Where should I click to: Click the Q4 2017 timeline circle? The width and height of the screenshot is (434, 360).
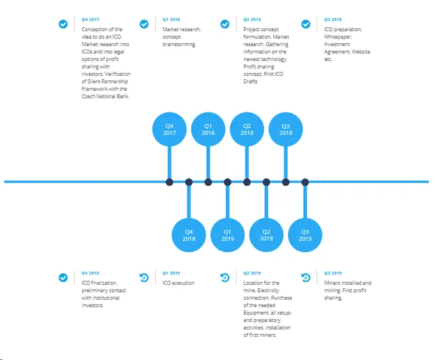coord(170,129)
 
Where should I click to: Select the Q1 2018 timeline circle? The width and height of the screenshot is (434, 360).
coord(208,129)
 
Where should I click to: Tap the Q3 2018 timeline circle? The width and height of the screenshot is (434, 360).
coord(285,129)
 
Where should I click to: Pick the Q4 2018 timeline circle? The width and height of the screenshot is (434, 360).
coord(189,235)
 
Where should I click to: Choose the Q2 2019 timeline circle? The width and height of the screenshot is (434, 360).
coord(267,235)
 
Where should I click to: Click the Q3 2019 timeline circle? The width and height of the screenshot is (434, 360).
coord(305,235)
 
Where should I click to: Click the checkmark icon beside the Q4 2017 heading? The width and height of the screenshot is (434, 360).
coord(63,24)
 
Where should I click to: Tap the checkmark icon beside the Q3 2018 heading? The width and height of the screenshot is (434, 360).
coord(306,24)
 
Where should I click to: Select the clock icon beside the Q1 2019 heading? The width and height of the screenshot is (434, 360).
coord(144,277)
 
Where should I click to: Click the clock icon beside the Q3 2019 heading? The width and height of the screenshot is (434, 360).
coord(306,277)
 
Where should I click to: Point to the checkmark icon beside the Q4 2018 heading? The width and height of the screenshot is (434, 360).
coord(63,277)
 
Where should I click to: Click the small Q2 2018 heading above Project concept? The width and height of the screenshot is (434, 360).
coord(252,20)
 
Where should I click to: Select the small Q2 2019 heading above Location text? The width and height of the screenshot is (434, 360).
coord(252,273)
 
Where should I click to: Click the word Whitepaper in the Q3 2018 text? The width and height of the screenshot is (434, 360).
coord(338,37)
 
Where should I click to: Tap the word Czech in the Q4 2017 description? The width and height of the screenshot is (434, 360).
coord(88,96)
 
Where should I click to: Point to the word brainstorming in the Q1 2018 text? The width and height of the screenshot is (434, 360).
coord(179,44)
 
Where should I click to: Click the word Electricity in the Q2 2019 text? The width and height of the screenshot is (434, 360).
coord(269,291)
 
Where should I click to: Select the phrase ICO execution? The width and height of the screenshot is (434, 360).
coord(178,283)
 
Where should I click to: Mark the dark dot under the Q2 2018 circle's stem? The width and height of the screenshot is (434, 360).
coord(247,182)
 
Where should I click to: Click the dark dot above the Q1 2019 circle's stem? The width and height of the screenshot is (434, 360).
coord(228,182)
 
